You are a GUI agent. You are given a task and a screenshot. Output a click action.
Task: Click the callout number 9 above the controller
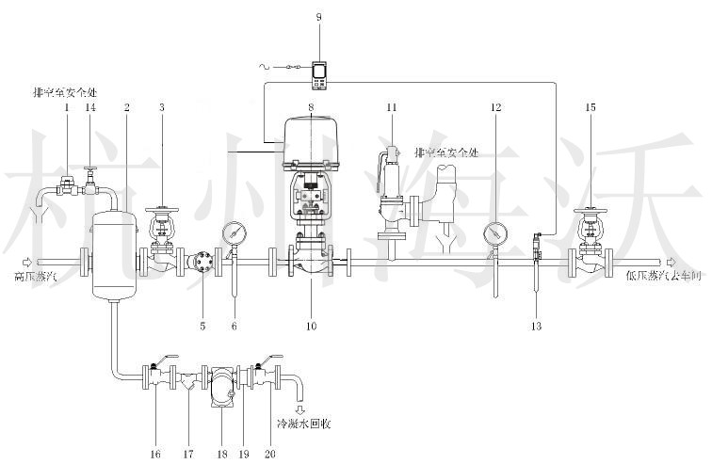(318, 18)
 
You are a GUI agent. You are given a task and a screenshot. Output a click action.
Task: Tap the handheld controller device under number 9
(319, 72)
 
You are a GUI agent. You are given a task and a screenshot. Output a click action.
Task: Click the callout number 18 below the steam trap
(221, 453)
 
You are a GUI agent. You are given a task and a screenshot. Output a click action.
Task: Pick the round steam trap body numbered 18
(221, 387)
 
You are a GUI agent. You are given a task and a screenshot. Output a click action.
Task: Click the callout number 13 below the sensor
(537, 326)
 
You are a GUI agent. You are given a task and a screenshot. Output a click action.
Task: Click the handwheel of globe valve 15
(591, 209)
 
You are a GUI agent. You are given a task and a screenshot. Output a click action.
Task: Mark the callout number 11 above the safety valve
(392, 108)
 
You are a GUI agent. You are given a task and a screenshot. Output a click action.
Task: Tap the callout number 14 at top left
(90, 108)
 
